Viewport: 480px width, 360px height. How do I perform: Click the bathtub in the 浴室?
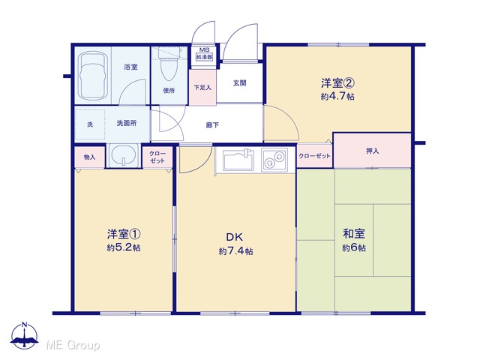pos(93,75)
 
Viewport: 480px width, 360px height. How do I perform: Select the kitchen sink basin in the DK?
pos(238,160)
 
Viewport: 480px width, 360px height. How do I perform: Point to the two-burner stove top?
pos(274,160)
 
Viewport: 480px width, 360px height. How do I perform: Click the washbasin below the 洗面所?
pos(123,155)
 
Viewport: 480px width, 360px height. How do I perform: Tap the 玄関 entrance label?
pos(240,83)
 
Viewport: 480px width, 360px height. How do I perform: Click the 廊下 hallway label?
pos(212,125)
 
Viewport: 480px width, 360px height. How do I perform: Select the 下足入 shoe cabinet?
pos(202,88)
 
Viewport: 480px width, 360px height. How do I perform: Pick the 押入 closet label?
pos(372,151)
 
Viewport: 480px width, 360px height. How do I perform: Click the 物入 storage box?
pos(90,157)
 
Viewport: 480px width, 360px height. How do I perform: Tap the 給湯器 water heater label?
pos(204,57)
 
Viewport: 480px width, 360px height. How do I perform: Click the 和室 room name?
pos(354,233)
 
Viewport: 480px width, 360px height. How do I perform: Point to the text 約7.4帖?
pos(235,251)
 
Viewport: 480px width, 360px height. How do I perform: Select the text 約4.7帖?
pos(337,97)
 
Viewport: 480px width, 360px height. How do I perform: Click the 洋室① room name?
pos(124,234)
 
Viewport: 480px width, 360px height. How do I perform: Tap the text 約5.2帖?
pos(124,247)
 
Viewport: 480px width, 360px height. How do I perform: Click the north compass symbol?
pos(25,335)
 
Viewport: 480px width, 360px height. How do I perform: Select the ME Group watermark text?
pos(73,345)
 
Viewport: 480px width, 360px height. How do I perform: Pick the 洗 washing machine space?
pos(90,124)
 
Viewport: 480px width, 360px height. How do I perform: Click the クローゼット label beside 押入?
pos(314,156)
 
